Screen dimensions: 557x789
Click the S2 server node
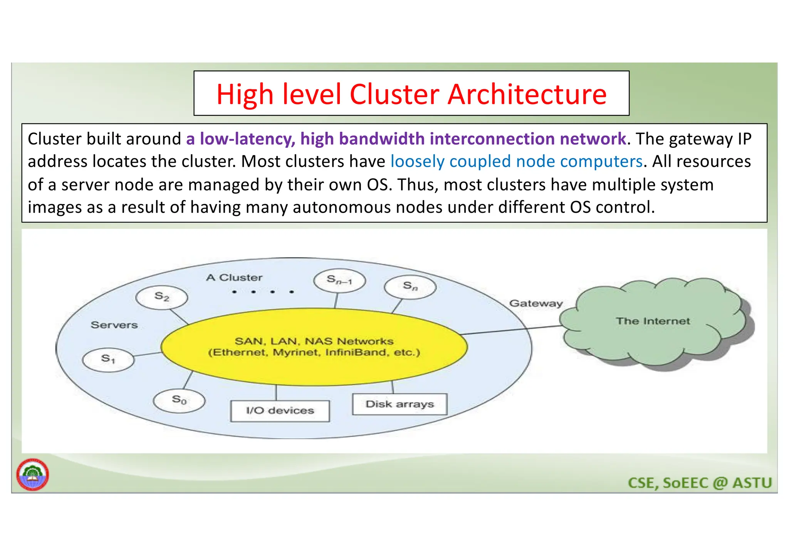point(162,297)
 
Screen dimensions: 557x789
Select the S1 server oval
point(108,360)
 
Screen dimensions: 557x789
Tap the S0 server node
point(179,400)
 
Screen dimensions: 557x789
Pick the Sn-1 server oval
point(339,280)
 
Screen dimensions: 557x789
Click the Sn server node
point(410,286)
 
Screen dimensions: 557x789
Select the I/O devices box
point(280,411)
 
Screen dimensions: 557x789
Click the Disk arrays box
point(400,404)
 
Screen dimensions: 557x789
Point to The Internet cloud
point(653,322)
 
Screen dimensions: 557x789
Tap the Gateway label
point(536,303)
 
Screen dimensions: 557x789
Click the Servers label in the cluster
point(114,325)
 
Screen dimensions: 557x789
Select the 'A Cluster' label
point(234,278)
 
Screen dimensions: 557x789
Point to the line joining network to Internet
point(512,330)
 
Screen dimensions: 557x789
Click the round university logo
point(33,475)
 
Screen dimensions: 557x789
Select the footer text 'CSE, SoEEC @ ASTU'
point(700,483)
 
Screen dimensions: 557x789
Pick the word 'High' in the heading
point(245,94)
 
